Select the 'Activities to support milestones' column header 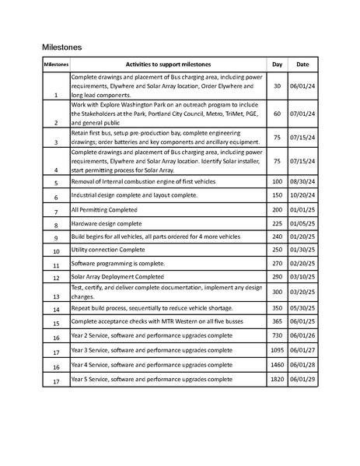(168, 64)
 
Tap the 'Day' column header (277, 64)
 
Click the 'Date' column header (302, 64)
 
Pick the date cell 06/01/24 (302, 86)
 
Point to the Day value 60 (277, 114)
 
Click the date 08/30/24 (302, 180)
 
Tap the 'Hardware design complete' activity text (107, 223)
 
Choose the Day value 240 (277, 237)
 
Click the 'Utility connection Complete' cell (108, 251)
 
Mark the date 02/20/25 (302, 264)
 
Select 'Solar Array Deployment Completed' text (117, 276)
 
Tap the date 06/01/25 (302, 322)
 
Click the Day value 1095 (277, 350)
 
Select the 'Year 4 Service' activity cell (151, 364)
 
